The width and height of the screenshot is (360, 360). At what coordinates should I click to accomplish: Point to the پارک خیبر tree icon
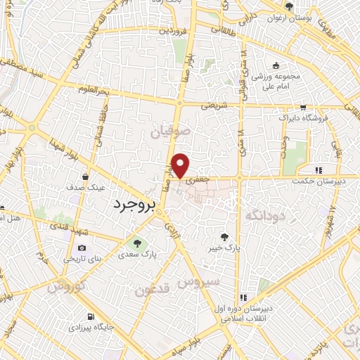click(x=225, y=237)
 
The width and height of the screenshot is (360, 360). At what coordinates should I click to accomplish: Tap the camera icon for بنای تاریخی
click(x=82, y=247)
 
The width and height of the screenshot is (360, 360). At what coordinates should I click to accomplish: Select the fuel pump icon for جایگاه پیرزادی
click(x=90, y=316)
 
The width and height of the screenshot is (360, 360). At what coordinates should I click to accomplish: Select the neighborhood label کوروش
click(x=66, y=288)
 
